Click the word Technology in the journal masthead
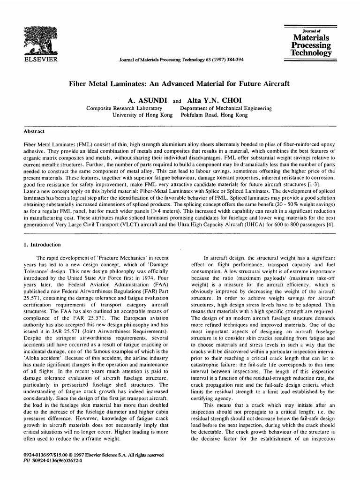point(310,53)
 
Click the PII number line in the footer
point(52,460)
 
